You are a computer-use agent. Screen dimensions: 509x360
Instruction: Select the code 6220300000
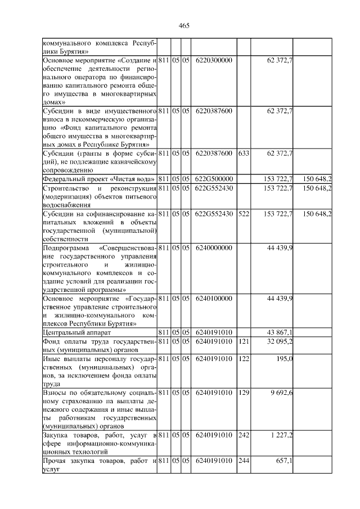click(x=214, y=60)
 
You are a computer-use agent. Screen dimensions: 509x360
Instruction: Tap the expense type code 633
click(x=244, y=153)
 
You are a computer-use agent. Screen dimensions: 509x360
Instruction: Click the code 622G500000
click(x=214, y=179)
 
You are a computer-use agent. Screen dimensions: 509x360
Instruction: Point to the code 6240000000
click(x=214, y=248)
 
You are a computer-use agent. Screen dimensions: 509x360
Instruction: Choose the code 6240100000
click(x=214, y=298)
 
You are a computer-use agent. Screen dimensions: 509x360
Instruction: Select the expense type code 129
click(x=244, y=392)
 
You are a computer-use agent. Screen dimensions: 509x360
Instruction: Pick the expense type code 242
click(x=244, y=435)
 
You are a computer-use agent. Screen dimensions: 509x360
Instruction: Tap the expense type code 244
click(x=244, y=461)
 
